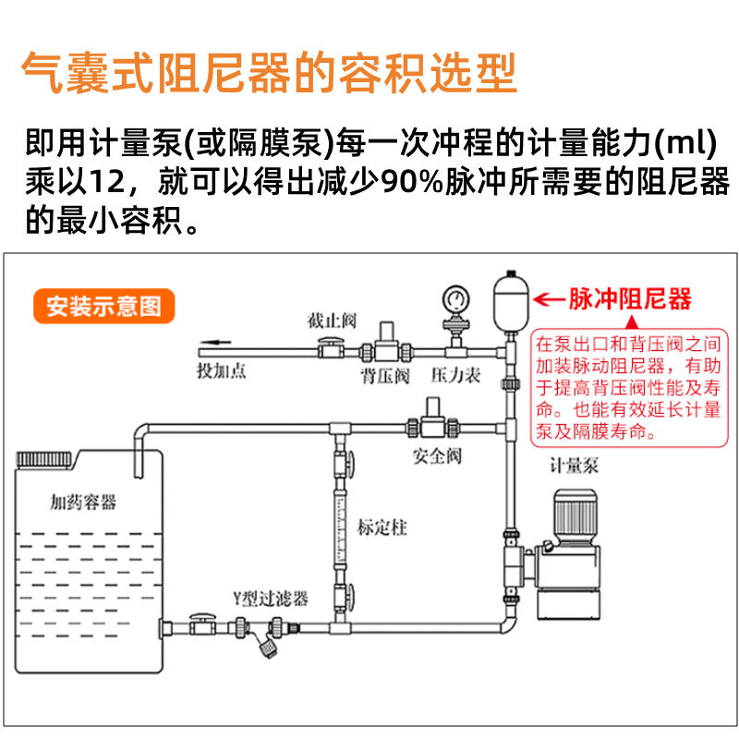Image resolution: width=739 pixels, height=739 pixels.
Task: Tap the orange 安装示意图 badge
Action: point(103,306)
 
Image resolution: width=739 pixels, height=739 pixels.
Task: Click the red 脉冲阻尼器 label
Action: point(629,299)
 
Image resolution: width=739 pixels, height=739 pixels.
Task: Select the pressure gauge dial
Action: point(454,297)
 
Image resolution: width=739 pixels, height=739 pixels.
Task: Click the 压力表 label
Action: point(456,376)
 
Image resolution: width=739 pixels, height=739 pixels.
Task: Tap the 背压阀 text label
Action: point(384,376)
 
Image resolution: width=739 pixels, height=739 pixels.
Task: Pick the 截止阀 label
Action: point(333,321)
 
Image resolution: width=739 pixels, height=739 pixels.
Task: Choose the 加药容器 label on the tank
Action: point(84,503)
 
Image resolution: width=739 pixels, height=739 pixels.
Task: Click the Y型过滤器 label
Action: point(269,599)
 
